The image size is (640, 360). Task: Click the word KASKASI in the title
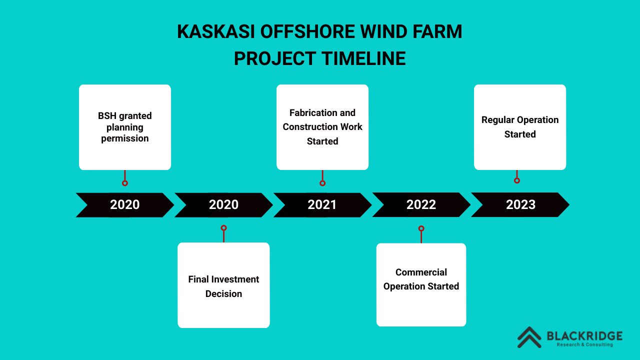[215, 31]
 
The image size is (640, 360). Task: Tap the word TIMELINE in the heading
[363, 58]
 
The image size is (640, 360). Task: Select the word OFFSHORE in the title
[307, 31]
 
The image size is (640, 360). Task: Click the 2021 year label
[322, 204]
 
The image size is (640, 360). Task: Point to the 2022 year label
[421, 204]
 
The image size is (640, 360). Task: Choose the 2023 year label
[520, 204]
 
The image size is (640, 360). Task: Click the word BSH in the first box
[107, 115]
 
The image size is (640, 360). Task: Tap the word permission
[125, 138]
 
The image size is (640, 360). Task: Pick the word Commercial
[421, 272]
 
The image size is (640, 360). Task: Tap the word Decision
[223, 293]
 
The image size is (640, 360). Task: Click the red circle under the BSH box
[125, 183]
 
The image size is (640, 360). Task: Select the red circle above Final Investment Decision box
[223, 227]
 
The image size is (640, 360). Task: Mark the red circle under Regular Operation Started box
[517, 180]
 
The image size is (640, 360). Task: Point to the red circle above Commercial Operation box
[421, 228]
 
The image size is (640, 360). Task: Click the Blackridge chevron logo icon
[529, 337]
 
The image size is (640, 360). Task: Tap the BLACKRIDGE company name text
[584, 336]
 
